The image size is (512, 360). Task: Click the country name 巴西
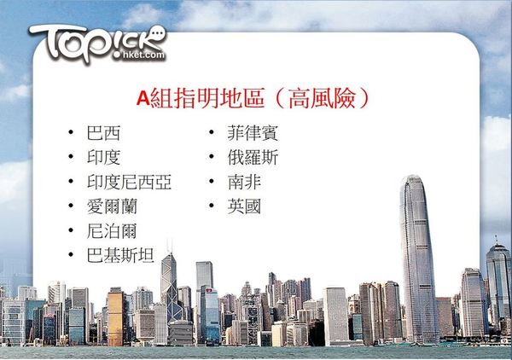[103, 133]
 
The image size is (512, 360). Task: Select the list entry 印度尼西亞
[130, 182]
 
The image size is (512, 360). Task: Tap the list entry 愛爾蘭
[112, 206]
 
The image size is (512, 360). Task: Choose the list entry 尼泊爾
[112, 230]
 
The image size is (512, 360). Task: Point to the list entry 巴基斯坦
[120, 255]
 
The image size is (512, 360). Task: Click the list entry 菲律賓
[253, 133]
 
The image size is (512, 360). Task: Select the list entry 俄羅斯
[253, 157]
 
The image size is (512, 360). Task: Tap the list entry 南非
[245, 182]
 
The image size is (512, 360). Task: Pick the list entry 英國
[244, 206]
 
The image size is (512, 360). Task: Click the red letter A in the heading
[143, 98]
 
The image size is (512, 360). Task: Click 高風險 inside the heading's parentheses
[322, 98]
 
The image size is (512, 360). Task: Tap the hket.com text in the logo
[143, 55]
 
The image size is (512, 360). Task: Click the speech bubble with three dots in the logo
[158, 33]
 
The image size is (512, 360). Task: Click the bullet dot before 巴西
[71, 132]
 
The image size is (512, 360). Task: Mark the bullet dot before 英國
[212, 206]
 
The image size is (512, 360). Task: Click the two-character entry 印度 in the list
[103, 157]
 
